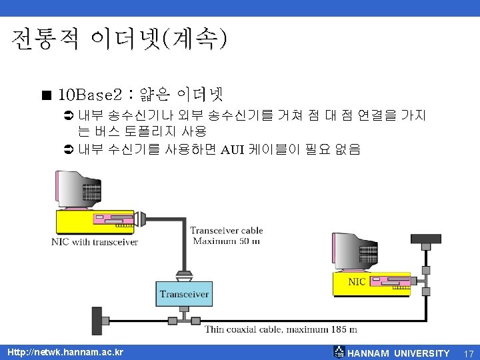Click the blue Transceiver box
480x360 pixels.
(x=185, y=294)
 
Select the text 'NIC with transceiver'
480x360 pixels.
(x=95, y=242)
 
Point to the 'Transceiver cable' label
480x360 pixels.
(x=226, y=231)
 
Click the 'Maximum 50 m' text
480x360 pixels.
(x=226, y=241)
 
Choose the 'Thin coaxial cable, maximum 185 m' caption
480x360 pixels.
(x=281, y=329)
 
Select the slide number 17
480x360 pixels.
(x=468, y=353)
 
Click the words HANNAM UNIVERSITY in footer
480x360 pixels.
(x=399, y=353)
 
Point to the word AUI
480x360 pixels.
(x=233, y=149)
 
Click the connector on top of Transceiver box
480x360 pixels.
(x=184, y=275)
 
